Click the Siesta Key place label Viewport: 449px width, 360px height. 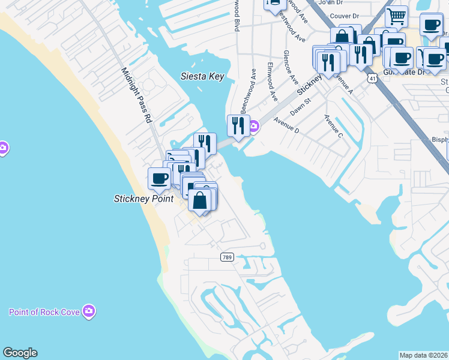(x=202, y=76)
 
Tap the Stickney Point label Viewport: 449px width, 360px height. (x=144, y=199)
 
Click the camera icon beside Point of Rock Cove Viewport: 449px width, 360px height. (x=89, y=311)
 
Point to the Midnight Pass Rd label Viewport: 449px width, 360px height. (x=137, y=95)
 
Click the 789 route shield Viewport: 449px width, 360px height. (x=226, y=257)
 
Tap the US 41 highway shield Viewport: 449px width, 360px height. (x=373, y=78)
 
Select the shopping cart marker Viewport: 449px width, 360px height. (x=396, y=16)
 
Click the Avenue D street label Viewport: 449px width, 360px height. (x=286, y=124)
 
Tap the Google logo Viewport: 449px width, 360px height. (x=20, y=353)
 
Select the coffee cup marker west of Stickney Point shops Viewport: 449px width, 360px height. (x=159, y=178)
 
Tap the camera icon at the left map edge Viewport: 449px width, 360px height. (x=3, y=147)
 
